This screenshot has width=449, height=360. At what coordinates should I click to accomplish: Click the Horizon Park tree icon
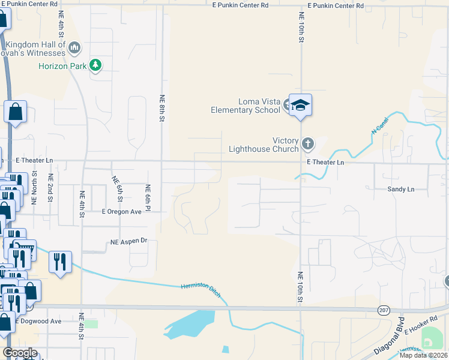[95, 65]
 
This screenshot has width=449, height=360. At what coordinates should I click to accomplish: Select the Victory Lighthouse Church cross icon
[308, 143]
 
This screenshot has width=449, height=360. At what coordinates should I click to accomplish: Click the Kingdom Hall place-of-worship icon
[74, 47]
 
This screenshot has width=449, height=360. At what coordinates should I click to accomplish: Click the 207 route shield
[384, 310]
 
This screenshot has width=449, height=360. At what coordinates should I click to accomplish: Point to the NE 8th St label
[161, 108]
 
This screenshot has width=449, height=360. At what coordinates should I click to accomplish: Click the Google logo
[20, 353]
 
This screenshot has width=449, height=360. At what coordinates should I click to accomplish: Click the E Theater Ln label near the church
[325, 163]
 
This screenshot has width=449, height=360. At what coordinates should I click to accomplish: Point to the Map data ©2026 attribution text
[424, 355]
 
